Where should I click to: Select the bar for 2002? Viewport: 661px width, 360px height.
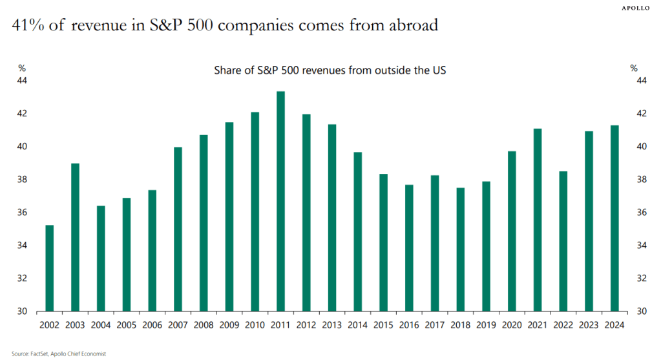[49, 268]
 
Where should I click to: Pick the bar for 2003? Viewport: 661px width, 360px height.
[75, 237]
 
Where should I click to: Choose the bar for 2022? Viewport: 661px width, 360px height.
[563, 241]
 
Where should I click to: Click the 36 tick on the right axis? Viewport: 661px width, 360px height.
[642, 213]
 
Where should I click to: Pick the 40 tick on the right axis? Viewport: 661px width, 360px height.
[642, 147]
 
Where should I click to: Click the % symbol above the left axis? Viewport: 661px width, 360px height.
[22, 68]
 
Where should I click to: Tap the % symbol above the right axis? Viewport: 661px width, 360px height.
[633, 68]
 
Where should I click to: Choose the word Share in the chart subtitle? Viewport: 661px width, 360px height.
[227, 69]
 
